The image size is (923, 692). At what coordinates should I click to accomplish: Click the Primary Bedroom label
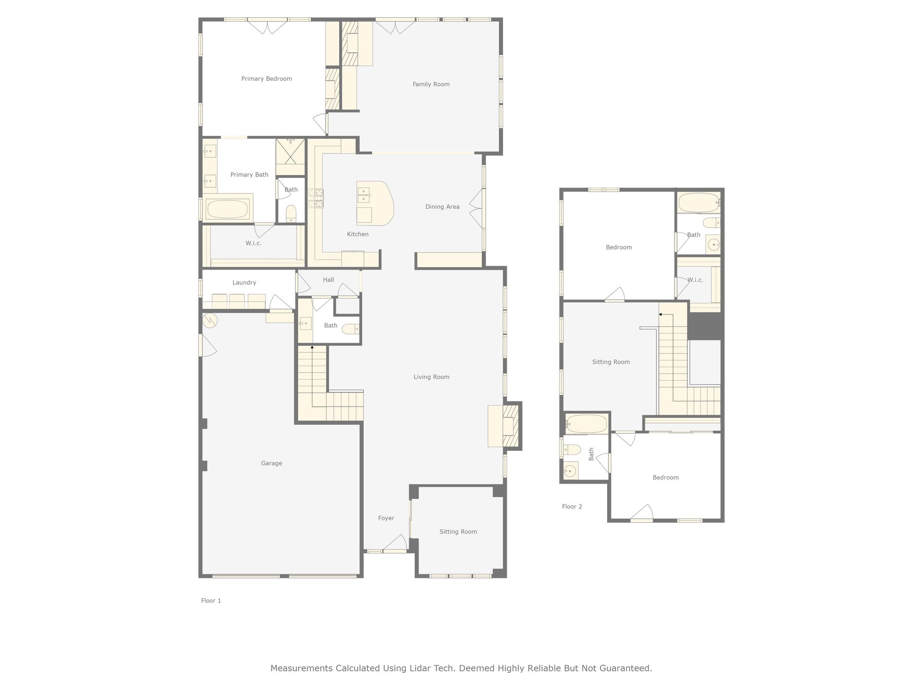pyautogui.click(x=266, y=79)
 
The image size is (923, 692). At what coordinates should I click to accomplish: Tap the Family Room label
pyautogui.click(x=431, y=84)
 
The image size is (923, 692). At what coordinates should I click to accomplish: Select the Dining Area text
pyautogui.click(x=442, y=206)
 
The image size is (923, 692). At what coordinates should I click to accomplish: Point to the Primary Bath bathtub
pyautogui.click(x=228, y=209)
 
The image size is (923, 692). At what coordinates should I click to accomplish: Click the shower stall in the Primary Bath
pyautogui.click(x=291, y=151)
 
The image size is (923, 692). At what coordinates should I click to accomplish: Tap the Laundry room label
pyautogui.click(x=244, y=282)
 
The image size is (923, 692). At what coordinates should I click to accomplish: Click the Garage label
pyautogui.click(x=271, y=463)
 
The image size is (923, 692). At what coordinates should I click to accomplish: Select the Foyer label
pyautogui.click(x=386, y=518)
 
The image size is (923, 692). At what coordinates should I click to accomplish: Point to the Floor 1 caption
pyautogui.click(x=211, y=601)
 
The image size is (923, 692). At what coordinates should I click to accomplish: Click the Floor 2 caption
pyautogui.click(x=572, y=506)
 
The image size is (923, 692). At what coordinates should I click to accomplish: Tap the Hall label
pyautogui.click(x=329, y=279)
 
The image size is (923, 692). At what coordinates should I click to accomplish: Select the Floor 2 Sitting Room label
pyautogui.click(x=611, y=362)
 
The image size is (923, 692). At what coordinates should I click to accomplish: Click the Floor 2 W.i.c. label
pyautogui.click(x=695, y=280)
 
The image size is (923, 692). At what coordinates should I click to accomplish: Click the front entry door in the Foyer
pyautogui.click(x=395, y=544)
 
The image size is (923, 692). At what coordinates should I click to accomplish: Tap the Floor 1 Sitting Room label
pyautogui.click(x=458, y=532)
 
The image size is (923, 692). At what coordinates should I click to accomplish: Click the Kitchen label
pyautogui.click(x=358, y=234)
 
